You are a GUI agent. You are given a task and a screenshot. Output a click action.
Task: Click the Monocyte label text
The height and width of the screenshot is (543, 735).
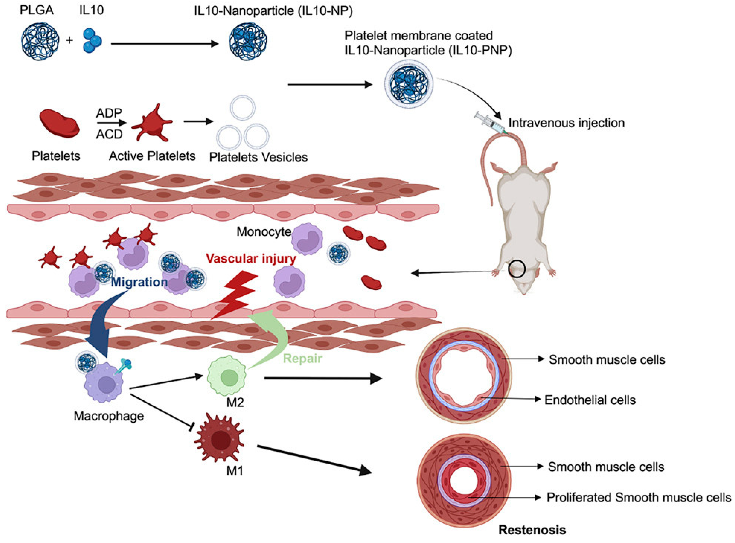(264, 232)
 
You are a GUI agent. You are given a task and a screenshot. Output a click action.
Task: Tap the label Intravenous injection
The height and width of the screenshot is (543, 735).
(566, 123)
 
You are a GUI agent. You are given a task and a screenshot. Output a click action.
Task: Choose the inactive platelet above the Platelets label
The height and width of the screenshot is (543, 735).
(59, 124)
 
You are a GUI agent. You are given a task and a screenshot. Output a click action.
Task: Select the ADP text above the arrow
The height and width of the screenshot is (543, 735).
(109, 113)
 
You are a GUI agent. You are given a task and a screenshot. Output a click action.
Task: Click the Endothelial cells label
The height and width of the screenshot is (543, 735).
(590, 400)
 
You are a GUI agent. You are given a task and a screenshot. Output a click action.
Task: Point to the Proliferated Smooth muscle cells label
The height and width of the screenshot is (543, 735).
(638, 497)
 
